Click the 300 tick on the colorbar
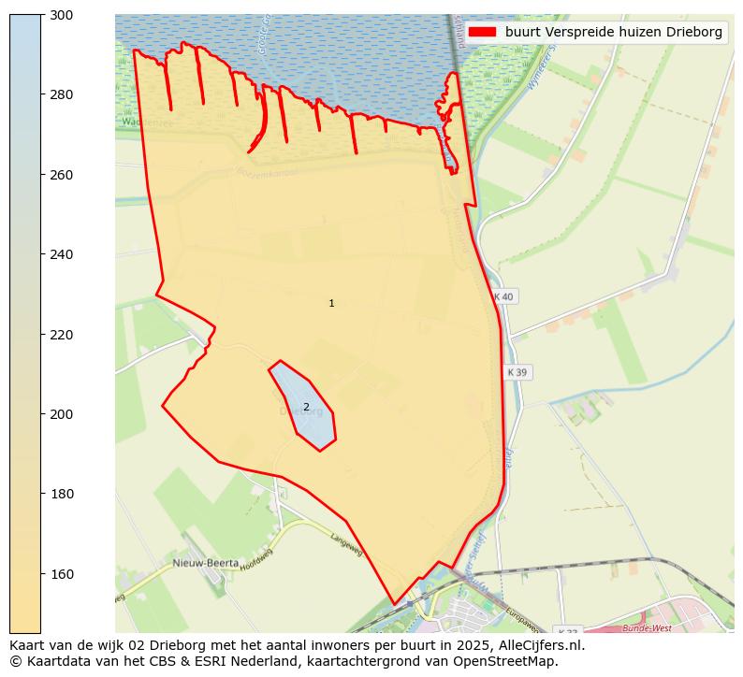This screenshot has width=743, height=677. coord(62,15)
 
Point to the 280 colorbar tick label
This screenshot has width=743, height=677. coord(62,94)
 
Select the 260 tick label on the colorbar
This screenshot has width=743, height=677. coord(62,175)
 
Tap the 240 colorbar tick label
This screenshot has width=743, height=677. coord(62,254)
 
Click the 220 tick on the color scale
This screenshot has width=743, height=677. coord(62,334)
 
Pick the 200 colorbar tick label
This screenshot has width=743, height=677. coord(62,414)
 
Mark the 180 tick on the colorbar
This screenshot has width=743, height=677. coord(62,494)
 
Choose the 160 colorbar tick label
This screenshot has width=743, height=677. coord(62,573)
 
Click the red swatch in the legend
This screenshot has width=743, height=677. coord(482,32)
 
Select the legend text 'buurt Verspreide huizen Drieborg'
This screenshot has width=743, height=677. coord(613,32)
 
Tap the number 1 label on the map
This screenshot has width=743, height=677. coord(331,303)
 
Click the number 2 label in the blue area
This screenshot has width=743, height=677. coord(306,407)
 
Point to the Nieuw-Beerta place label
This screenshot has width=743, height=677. coord(203,563)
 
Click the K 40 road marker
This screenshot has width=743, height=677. coord(503,296)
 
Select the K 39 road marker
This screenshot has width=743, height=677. coord(517,372)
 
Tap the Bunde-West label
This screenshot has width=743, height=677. coord(647,628)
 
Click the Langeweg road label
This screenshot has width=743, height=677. coord(346,545)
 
